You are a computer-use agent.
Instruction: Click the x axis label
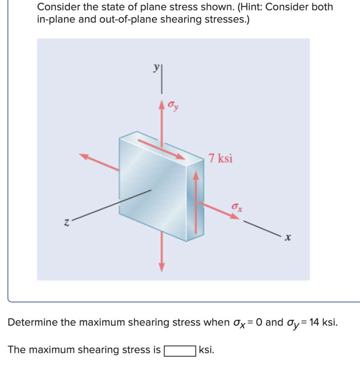(288, 237)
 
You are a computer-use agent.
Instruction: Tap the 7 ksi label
(220, 158)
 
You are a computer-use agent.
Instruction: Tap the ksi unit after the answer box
(207, 350)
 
